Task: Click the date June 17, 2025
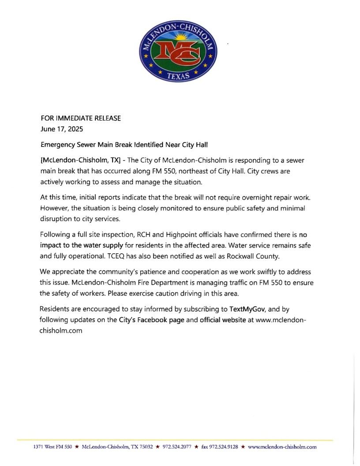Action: pos(61,129)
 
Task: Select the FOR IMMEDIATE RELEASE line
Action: pos(80,118)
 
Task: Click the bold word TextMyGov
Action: pos(247,308)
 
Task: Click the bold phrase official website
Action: pos(222,320)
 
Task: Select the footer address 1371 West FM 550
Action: pos(52,447)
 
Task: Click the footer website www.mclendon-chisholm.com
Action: pos(282,447)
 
